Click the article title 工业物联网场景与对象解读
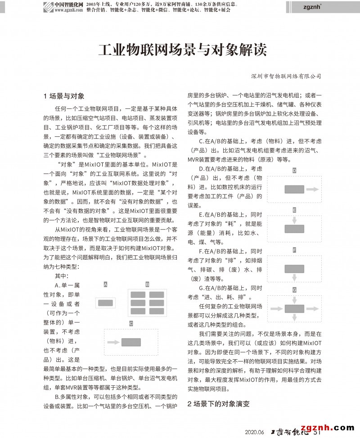(182, 49)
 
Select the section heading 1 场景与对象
(64, 96)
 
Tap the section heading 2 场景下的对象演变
(218, 403)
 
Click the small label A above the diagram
(105, 284)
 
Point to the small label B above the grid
(147, 284)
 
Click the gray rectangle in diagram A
(105, 303)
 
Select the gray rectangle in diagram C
(131, 342)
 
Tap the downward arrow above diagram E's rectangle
(294, 220)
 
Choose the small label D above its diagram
(294, 171)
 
